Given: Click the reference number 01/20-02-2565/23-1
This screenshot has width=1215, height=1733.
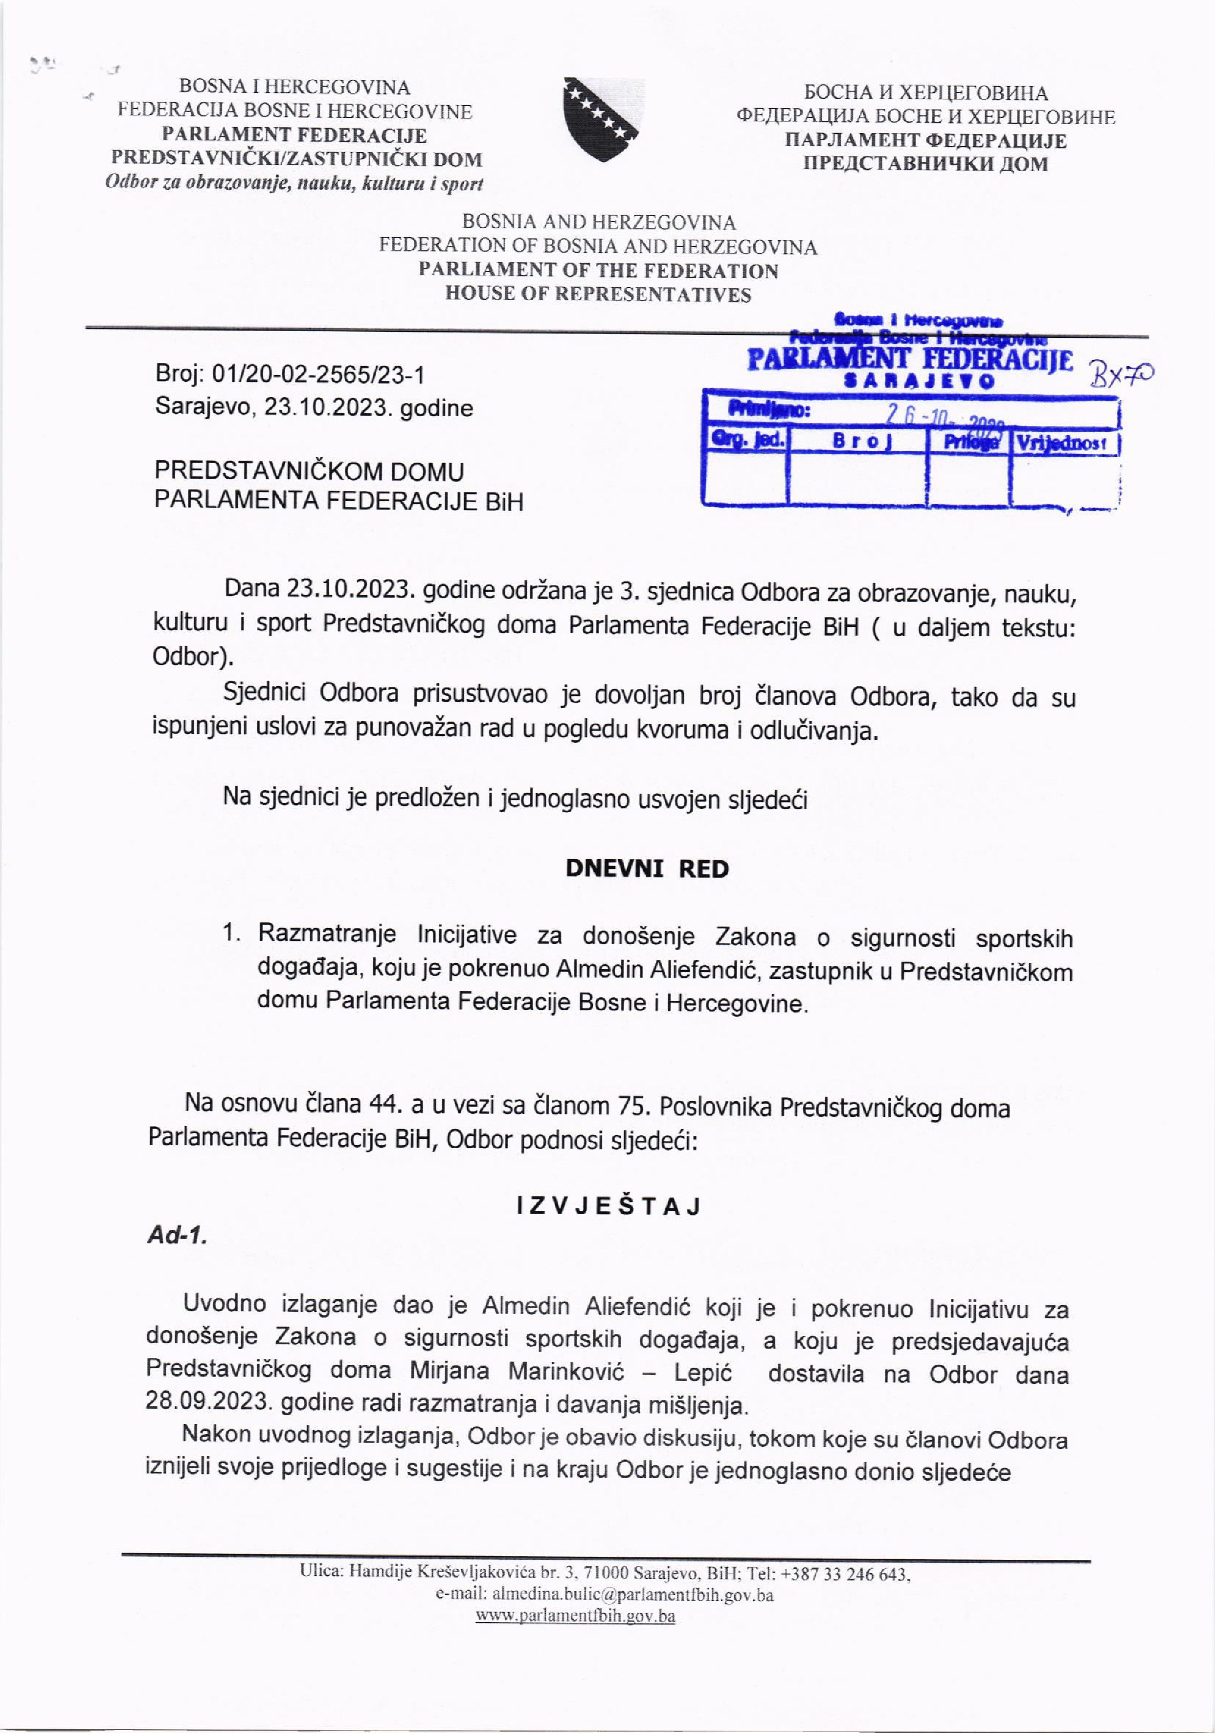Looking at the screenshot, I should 318,375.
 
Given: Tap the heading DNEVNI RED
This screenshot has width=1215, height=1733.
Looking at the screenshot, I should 647,869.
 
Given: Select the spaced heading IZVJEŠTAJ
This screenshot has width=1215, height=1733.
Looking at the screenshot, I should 608,1207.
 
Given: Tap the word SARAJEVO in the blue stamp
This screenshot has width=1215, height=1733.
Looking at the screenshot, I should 918,381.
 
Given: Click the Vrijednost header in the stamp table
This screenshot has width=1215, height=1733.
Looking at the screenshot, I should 1063,443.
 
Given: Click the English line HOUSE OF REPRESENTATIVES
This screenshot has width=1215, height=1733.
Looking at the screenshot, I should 598,294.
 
